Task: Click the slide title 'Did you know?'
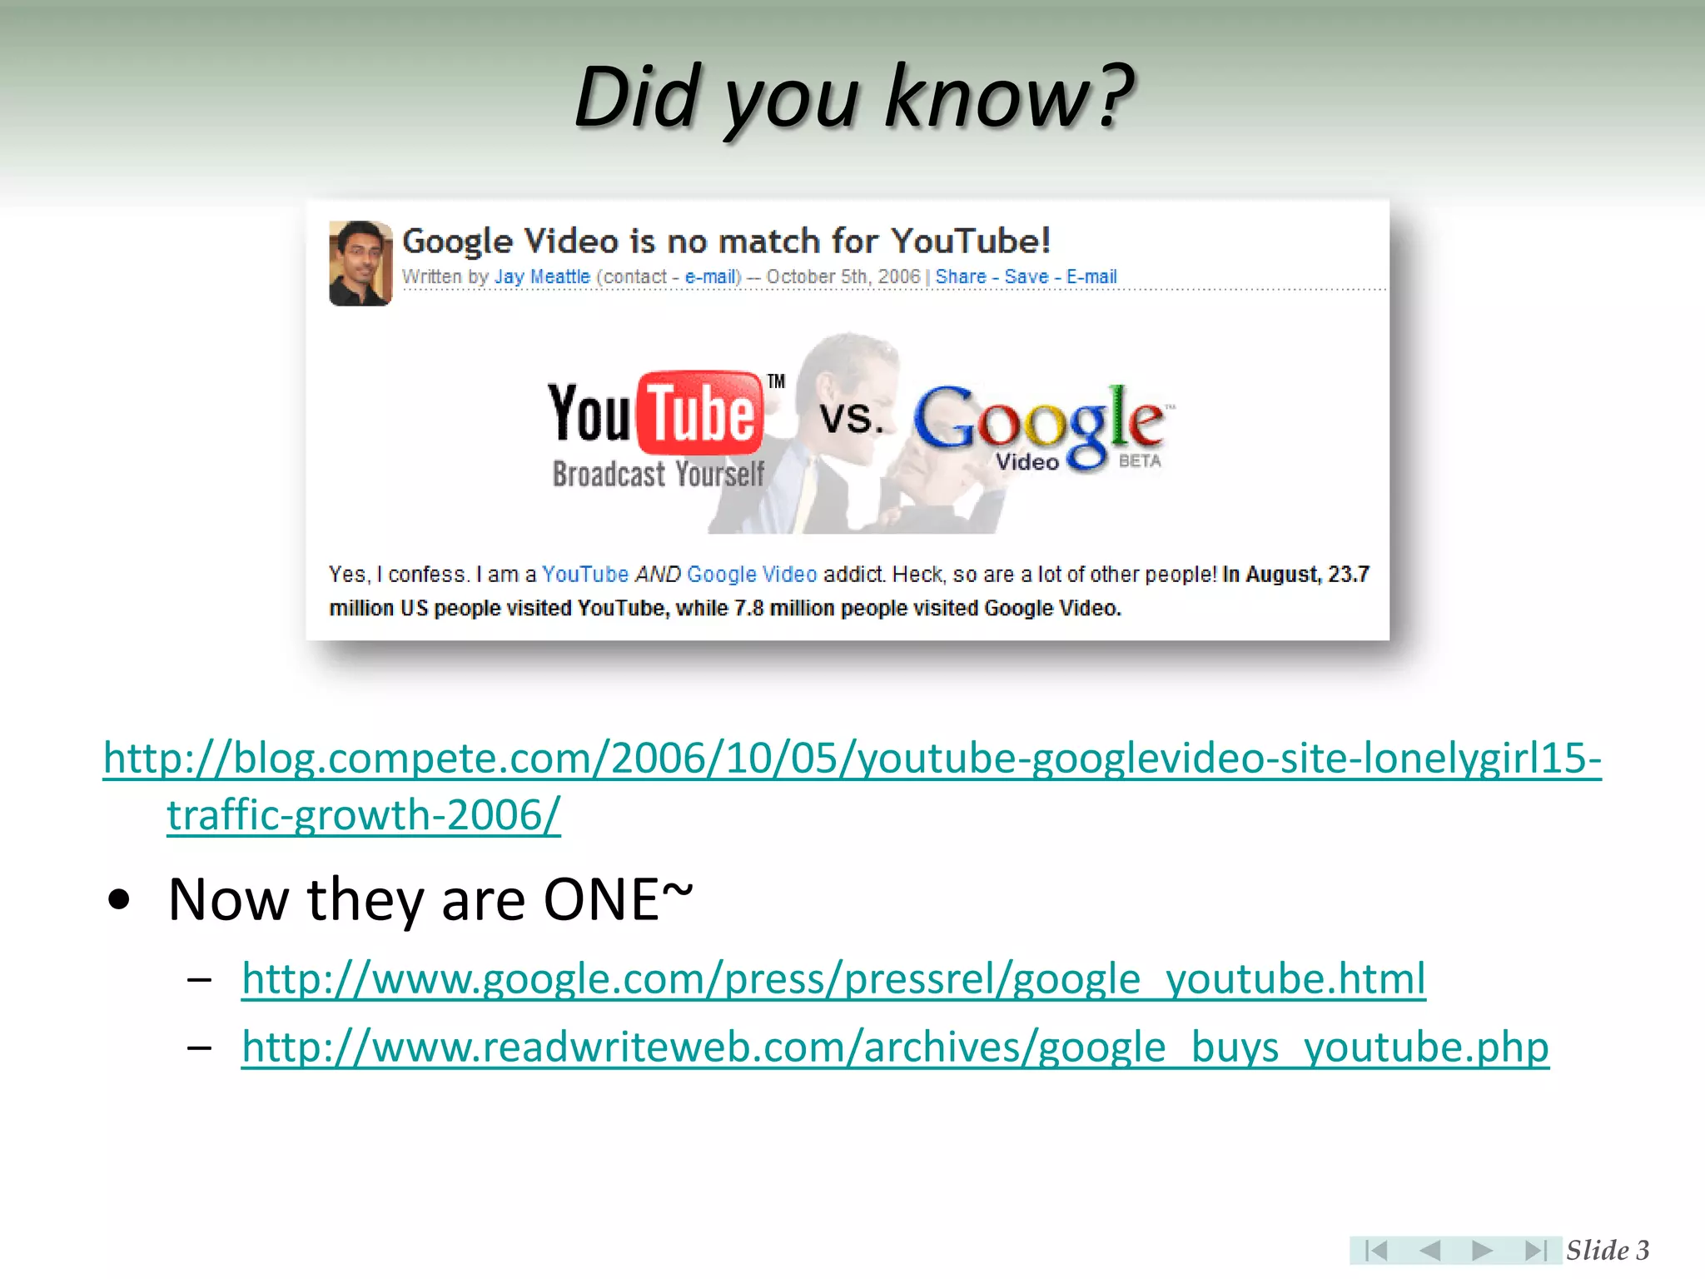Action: tap(853, 98)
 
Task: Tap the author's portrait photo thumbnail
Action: tap(360, 263)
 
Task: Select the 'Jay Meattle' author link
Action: tap(542, 276)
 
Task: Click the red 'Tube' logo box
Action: tap(700, 413)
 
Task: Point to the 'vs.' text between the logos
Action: tap(850, 417)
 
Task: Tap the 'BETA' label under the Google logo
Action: tap(1139, 461)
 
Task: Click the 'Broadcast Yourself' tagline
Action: tap(658, 475)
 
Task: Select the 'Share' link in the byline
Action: tap(960, 276)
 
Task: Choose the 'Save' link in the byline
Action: tap(1026, 276)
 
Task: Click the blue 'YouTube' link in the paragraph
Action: tap(584, 575)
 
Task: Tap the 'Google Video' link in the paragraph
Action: tap(752, 575)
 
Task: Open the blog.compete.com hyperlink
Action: tap(851, 759)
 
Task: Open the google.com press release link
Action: tap(833, 979)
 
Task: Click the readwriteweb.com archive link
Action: tap(895, 1048)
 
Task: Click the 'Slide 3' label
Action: tap(1607, 1250)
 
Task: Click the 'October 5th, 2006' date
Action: tap(843, 276)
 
